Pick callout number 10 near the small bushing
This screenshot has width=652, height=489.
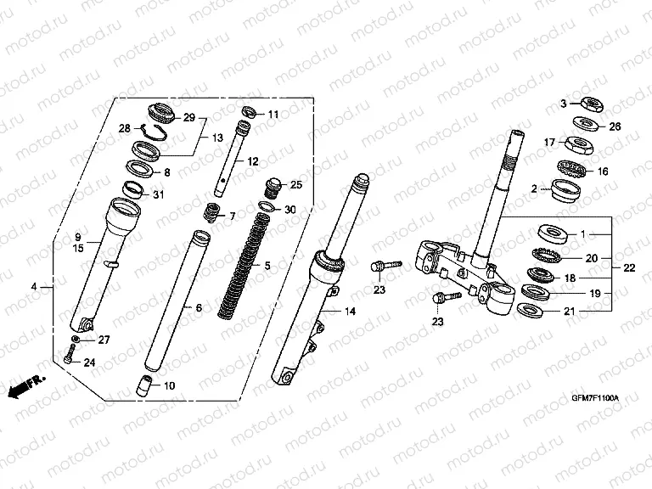tap(169, 385)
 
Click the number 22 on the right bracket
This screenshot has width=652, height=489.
tap(629, 268)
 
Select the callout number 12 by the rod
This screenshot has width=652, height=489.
tap(252, 161)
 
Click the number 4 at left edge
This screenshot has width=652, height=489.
tap(34, 287)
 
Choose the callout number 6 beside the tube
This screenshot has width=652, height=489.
tap(199, 307)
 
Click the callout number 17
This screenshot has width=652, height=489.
tap(549, 142)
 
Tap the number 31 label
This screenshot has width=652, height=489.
tap(158, 196)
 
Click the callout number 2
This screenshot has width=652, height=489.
tap(534, 189)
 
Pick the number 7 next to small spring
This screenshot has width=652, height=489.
tap(233, 216)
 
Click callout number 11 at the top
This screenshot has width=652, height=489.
tap(273, 114)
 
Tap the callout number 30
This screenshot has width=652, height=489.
tap(289, 210)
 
